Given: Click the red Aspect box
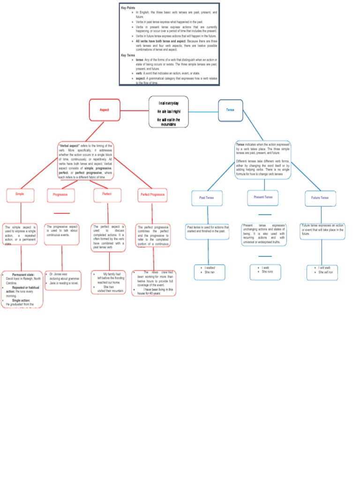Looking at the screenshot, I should click(104, 110).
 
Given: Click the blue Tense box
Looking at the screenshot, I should click(230, 110).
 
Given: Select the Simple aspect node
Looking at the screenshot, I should click(21, 194).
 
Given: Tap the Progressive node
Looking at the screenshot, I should click(60, 195).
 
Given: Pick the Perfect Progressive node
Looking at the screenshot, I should click(152, 195).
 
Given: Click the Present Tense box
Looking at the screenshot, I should click(263, 197).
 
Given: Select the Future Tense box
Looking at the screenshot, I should click(320, 198).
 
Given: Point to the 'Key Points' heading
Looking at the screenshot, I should click(128, 8).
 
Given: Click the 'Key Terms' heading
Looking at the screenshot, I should click(128, 55).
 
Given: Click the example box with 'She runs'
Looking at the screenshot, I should click(265, 270).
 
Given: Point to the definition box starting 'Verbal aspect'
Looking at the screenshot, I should click(86, 160).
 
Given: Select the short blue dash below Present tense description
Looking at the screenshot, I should click(265, 256).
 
